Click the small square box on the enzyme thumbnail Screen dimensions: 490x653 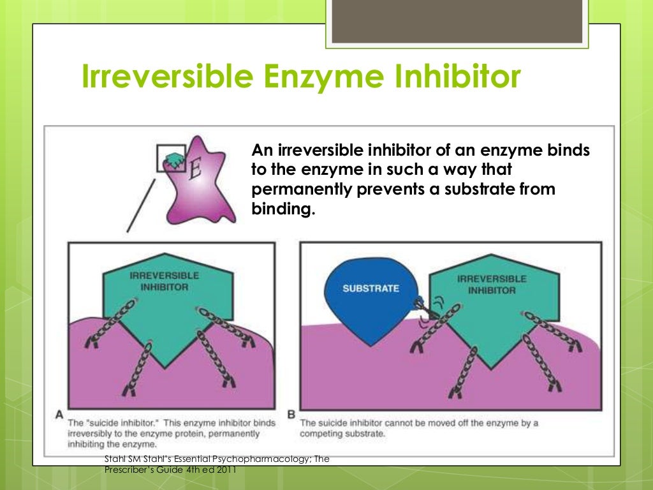click(x=172, y=158)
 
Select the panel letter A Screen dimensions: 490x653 click(x=59, y=415)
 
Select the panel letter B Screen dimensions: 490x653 click(x=291, y=415)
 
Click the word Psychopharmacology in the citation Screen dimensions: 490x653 click(x=243, y=459)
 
